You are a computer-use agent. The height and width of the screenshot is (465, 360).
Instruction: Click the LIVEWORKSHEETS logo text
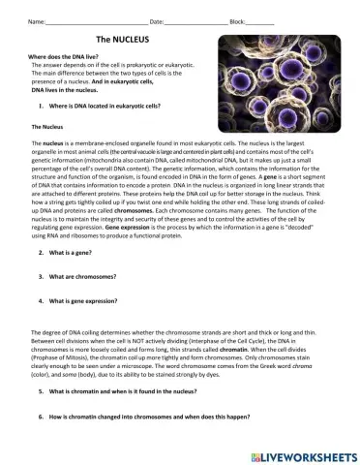308,453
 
